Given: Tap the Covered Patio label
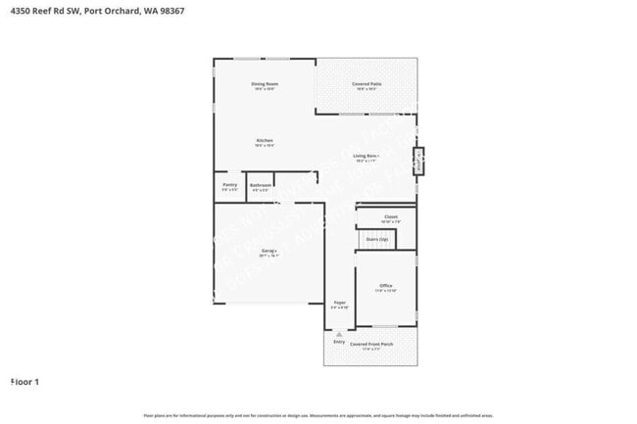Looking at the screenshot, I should point(368,84).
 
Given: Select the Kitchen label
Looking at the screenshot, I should point(265,141).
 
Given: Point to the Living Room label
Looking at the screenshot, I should point(367,156).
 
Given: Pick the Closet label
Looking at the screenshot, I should point(391,217).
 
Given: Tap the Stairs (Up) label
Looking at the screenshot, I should point(377,238).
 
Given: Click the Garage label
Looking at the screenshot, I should point(269,252).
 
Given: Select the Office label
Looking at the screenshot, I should point(385,286).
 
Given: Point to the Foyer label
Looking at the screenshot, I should point(340,304).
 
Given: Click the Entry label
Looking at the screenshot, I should point(339,342).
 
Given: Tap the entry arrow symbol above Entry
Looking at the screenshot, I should point(339,334).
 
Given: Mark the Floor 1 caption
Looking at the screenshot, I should point(24,381).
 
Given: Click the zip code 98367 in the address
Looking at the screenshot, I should point(169,11).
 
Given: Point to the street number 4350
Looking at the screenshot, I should point(21,11).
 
